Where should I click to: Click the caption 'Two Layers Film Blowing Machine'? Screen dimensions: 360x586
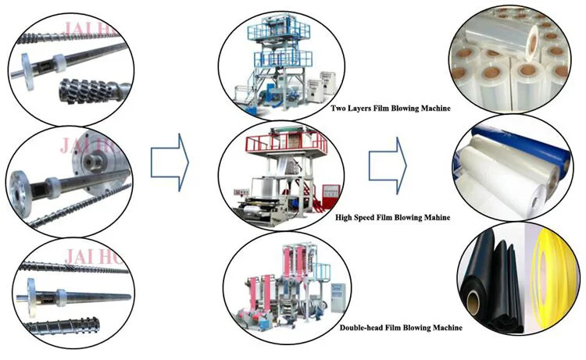[x=391, y=108]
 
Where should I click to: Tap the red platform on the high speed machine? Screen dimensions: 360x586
[x=285, y=143]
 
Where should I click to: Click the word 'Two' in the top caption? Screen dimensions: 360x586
[x=338, y=108]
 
